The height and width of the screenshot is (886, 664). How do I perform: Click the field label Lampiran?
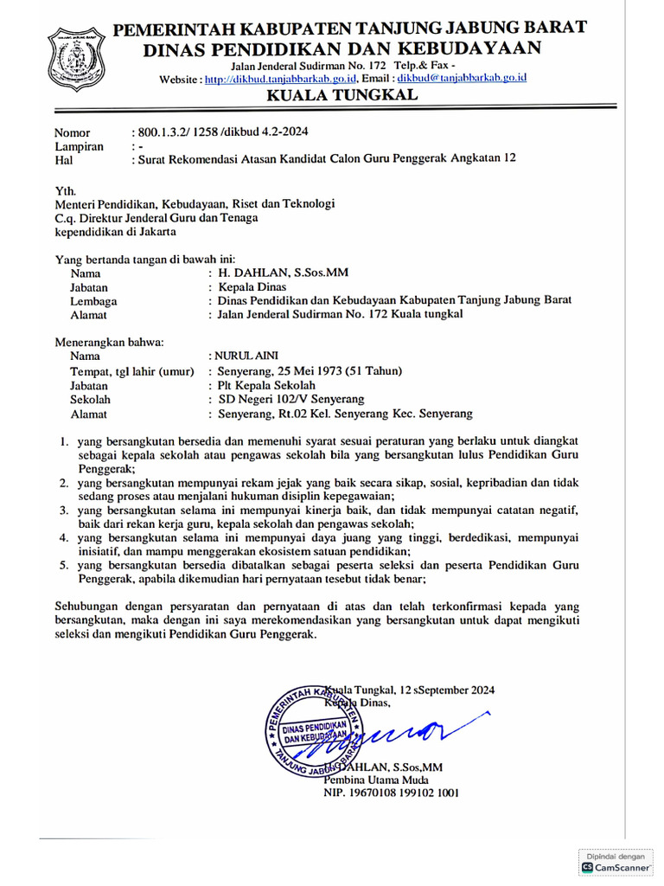coord(79,146)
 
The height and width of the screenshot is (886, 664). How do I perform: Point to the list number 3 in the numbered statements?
coord(64,512)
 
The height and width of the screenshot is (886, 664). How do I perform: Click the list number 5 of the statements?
coord(64,565)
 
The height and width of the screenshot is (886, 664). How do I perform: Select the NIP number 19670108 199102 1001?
coord(391,792)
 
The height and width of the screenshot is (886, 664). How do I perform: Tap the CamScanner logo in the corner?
coord(615,866)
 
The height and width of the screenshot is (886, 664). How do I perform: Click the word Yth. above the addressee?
coord(66,189)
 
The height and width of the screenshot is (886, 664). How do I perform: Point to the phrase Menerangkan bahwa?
coord(109,341)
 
